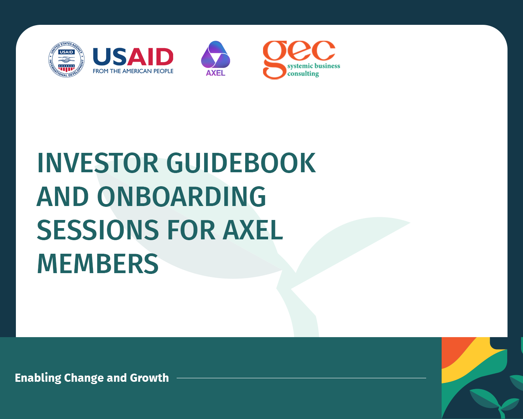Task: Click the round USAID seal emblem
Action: (x=66, y=59)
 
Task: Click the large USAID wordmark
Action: (x=133, y=57)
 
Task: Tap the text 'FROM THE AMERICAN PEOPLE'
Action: (x=133, y=71)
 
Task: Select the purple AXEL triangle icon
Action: (x=215, y=55)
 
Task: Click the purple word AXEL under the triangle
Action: (x=215, y=73)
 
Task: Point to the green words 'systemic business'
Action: (x=314, y=66)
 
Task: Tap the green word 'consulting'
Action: (x=303, y=74)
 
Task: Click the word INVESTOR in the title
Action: (x=98, y=163)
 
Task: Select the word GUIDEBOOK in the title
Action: (x=241, y=163)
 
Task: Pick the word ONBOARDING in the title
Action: (x=182, y=196)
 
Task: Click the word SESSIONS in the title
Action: (x=98, y=230)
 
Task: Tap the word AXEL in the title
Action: (x=253, y=230)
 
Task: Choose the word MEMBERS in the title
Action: (x=98, y=263)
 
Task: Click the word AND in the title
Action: (x=63, y=196)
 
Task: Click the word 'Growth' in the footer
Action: (x=149, y=378)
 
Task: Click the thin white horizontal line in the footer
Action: (x=301, y=378)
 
